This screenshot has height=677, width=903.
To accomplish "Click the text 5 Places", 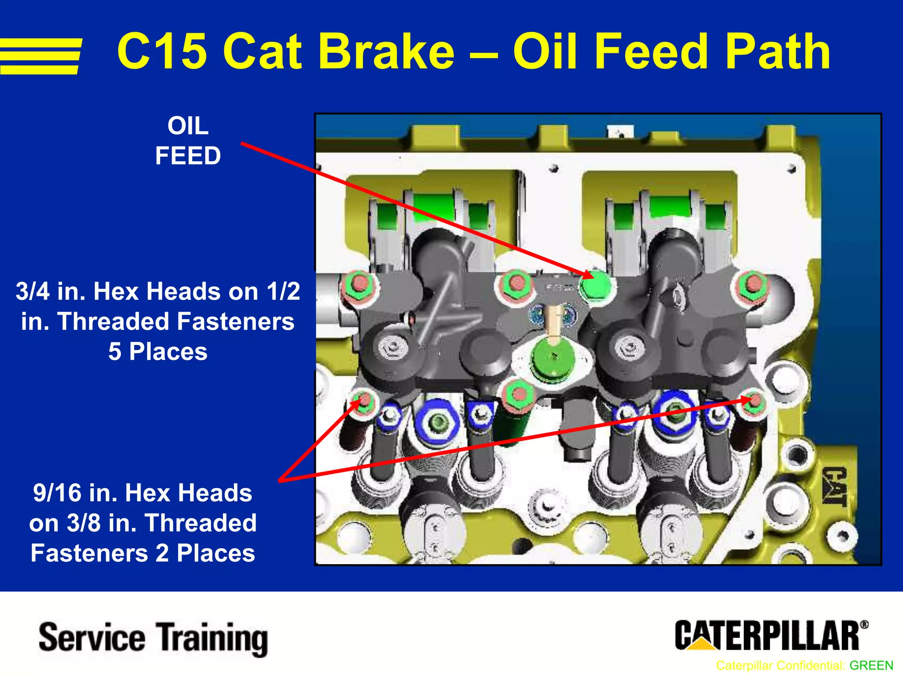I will click(158, 352).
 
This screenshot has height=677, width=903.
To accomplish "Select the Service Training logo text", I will click(153, 638).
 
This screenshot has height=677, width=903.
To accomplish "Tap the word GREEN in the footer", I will click(871, 666).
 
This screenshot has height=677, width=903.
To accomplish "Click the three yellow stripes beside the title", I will click(41, 56).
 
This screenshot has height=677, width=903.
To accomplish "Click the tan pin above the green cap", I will click(552, 321).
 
